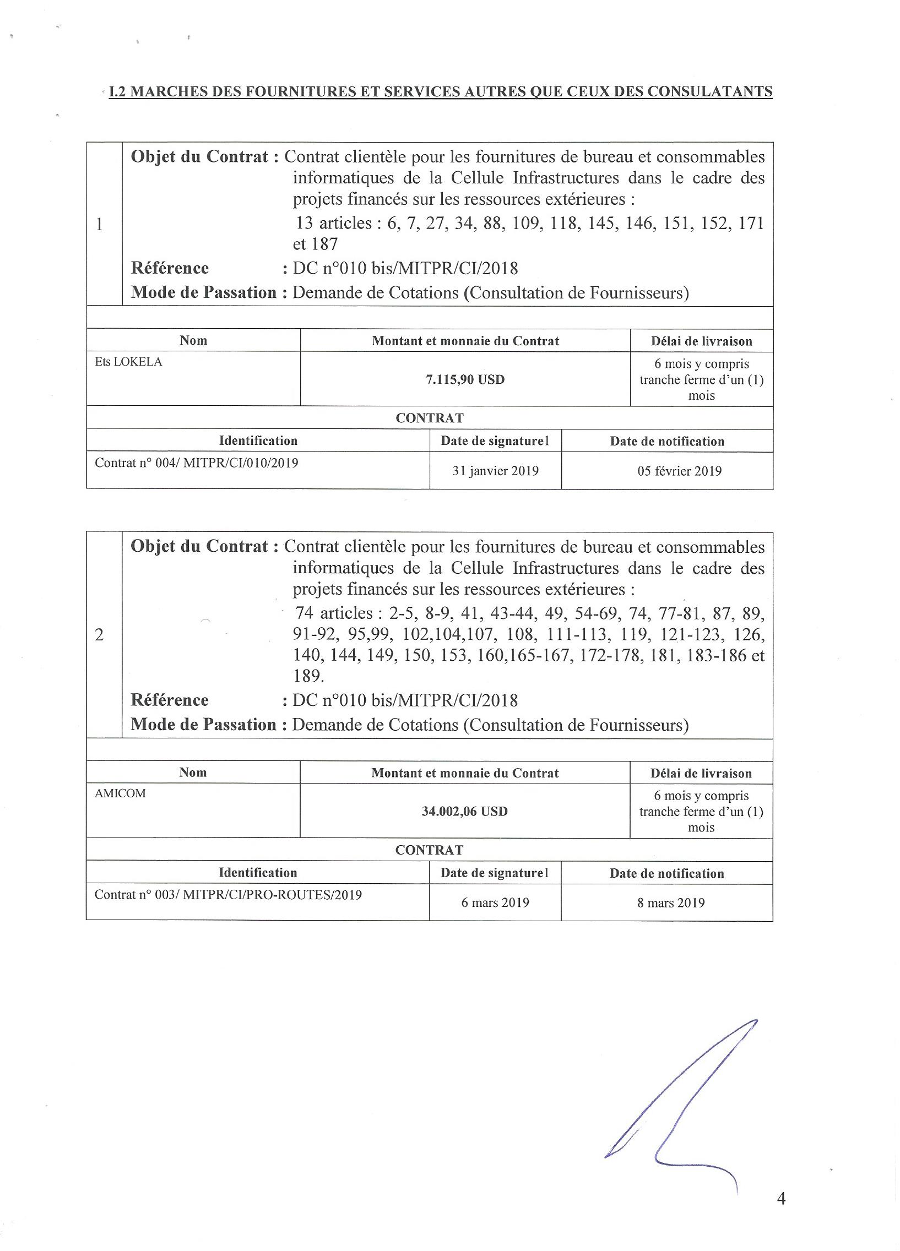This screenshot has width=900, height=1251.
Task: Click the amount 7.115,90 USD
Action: [465, 379]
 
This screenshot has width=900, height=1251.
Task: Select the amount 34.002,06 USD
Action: [464, 812]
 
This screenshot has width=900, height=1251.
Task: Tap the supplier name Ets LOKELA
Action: [128, 362]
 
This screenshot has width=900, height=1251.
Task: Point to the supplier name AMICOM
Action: [120, 794]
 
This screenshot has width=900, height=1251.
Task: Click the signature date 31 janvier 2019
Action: [495, 471]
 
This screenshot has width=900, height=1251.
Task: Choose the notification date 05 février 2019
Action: [679, 471]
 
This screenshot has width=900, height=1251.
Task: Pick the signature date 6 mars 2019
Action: [495, 903]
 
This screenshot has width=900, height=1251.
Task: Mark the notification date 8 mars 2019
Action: [671, 903]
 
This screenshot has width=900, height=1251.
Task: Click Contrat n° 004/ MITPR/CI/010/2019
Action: [197, 463]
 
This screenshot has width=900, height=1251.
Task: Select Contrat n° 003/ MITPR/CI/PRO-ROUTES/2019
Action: [228, 895]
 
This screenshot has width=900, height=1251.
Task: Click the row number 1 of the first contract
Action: [100, 225]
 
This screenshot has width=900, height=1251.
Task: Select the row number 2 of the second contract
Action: [99, 635]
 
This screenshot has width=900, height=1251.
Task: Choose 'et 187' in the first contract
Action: [315, 244]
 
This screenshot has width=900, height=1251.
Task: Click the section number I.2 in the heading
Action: [117, 91]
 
